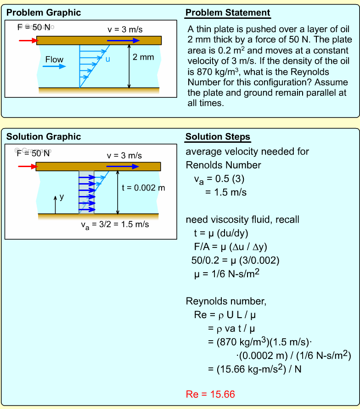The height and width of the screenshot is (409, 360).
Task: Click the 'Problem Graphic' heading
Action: [44, 12]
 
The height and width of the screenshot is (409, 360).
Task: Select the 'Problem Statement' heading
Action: [228, 12]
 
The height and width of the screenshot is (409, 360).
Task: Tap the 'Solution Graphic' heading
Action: [44, 137]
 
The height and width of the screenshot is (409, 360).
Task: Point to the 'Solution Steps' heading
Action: [218, 137]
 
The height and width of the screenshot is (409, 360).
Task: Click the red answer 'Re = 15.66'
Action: [210, 394]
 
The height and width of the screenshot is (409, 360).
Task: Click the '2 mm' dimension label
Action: [143, 57]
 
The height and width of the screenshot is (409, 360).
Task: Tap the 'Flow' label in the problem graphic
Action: [54, 59]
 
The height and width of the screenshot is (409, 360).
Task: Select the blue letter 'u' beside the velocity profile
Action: [107, 59]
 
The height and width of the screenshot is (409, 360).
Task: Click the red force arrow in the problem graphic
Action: [28, 40]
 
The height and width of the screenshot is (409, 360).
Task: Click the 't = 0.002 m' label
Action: [143, 187]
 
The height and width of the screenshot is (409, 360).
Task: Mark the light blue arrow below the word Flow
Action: [54, 67]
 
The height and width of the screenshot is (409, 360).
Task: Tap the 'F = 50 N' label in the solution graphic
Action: [33, 153]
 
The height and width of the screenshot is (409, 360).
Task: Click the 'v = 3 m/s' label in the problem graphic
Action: [125, 30]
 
